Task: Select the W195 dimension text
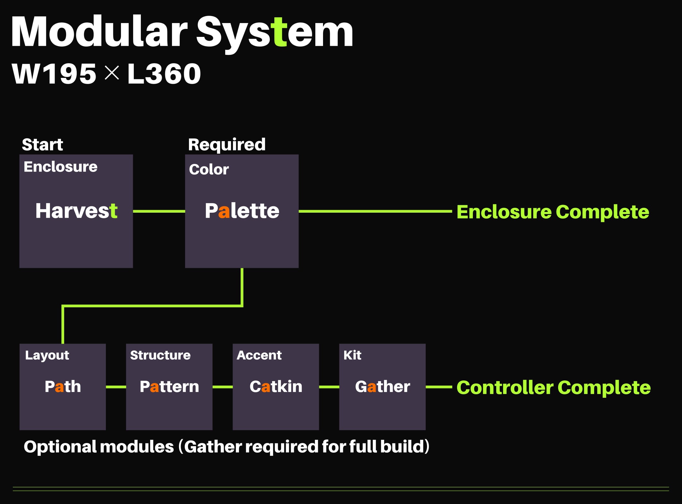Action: [x=54, y=74]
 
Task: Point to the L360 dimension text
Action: [x=164, y=74]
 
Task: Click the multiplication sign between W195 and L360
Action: [x=112, y=73]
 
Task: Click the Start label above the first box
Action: [x=42, y=145]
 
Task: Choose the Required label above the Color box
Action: [x=227, y=145]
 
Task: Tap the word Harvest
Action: [x=76, y=211]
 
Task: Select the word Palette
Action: [x=242, y=211]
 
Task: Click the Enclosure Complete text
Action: [x=552, y=212]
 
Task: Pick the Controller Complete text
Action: [x=553, y=388]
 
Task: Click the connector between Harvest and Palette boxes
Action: [x=159, y=211]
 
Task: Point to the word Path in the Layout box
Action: [x=63, y=387]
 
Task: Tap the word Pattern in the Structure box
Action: [x=169, y=387]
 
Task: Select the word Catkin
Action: [x=276, y=387]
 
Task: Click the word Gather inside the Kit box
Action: [x=382, y=387]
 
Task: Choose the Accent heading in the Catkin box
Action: [x=259, y=355]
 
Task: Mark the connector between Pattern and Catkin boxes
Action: [x=222, y=387]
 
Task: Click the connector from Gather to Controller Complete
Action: [x=439, y=387]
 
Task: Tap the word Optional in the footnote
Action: [x=60, y=447]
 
